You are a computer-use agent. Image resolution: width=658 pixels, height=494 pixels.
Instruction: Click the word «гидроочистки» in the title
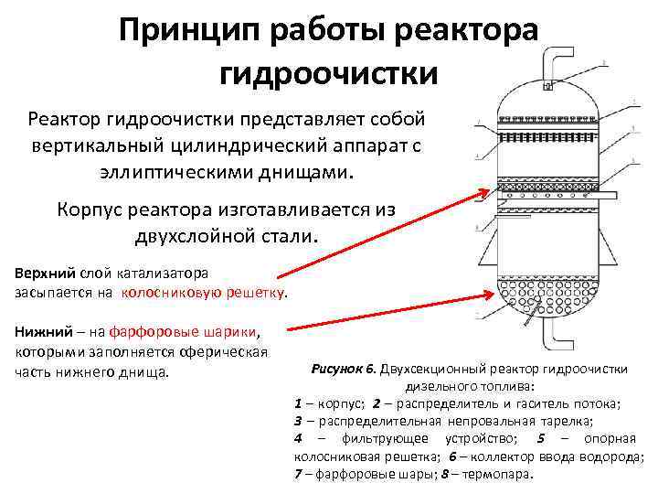click(x=329, y=71)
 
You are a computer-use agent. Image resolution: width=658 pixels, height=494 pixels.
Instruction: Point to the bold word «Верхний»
click(x=46, y=273)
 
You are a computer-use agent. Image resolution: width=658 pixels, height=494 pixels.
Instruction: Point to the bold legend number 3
click(x=299, y=421)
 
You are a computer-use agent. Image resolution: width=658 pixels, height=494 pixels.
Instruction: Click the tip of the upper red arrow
click(x=488, y=191)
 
